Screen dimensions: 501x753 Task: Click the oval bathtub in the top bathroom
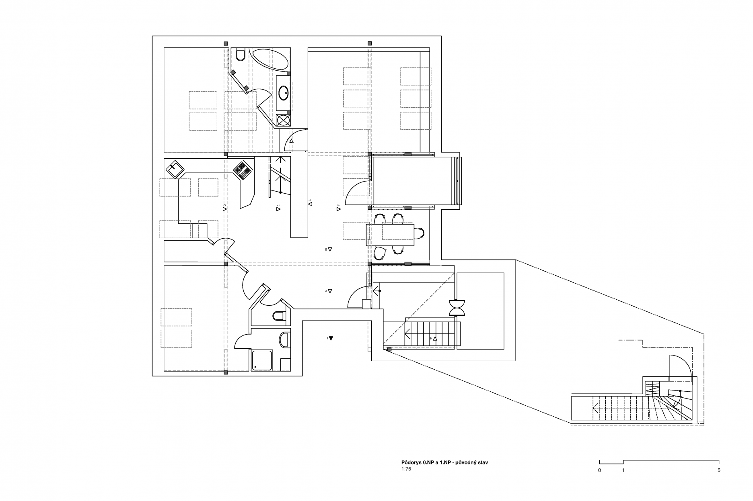[x=269, y=59]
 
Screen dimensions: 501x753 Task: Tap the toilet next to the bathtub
[x=241, y=54]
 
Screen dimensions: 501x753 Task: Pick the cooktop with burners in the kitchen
[x=243, y=170]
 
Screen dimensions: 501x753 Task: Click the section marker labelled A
[x=330, y=291]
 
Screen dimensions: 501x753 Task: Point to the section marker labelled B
[x=330, y=249]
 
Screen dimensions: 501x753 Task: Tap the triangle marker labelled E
[x=278, y=209]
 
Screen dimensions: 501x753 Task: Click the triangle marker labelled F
[x=338, y=208]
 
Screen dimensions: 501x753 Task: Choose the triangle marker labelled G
[x=310, y=204]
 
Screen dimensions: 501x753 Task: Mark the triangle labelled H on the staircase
[x=434, y=339]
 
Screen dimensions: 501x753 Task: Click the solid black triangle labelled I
[x=331, y=338]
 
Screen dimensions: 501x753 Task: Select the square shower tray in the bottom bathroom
[x=262, y=360]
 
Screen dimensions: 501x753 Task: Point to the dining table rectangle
[x=390, y=235]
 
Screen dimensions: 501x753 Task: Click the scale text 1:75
[x=406, y=468]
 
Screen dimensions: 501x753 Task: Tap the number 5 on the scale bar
[x=719, y=470]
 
